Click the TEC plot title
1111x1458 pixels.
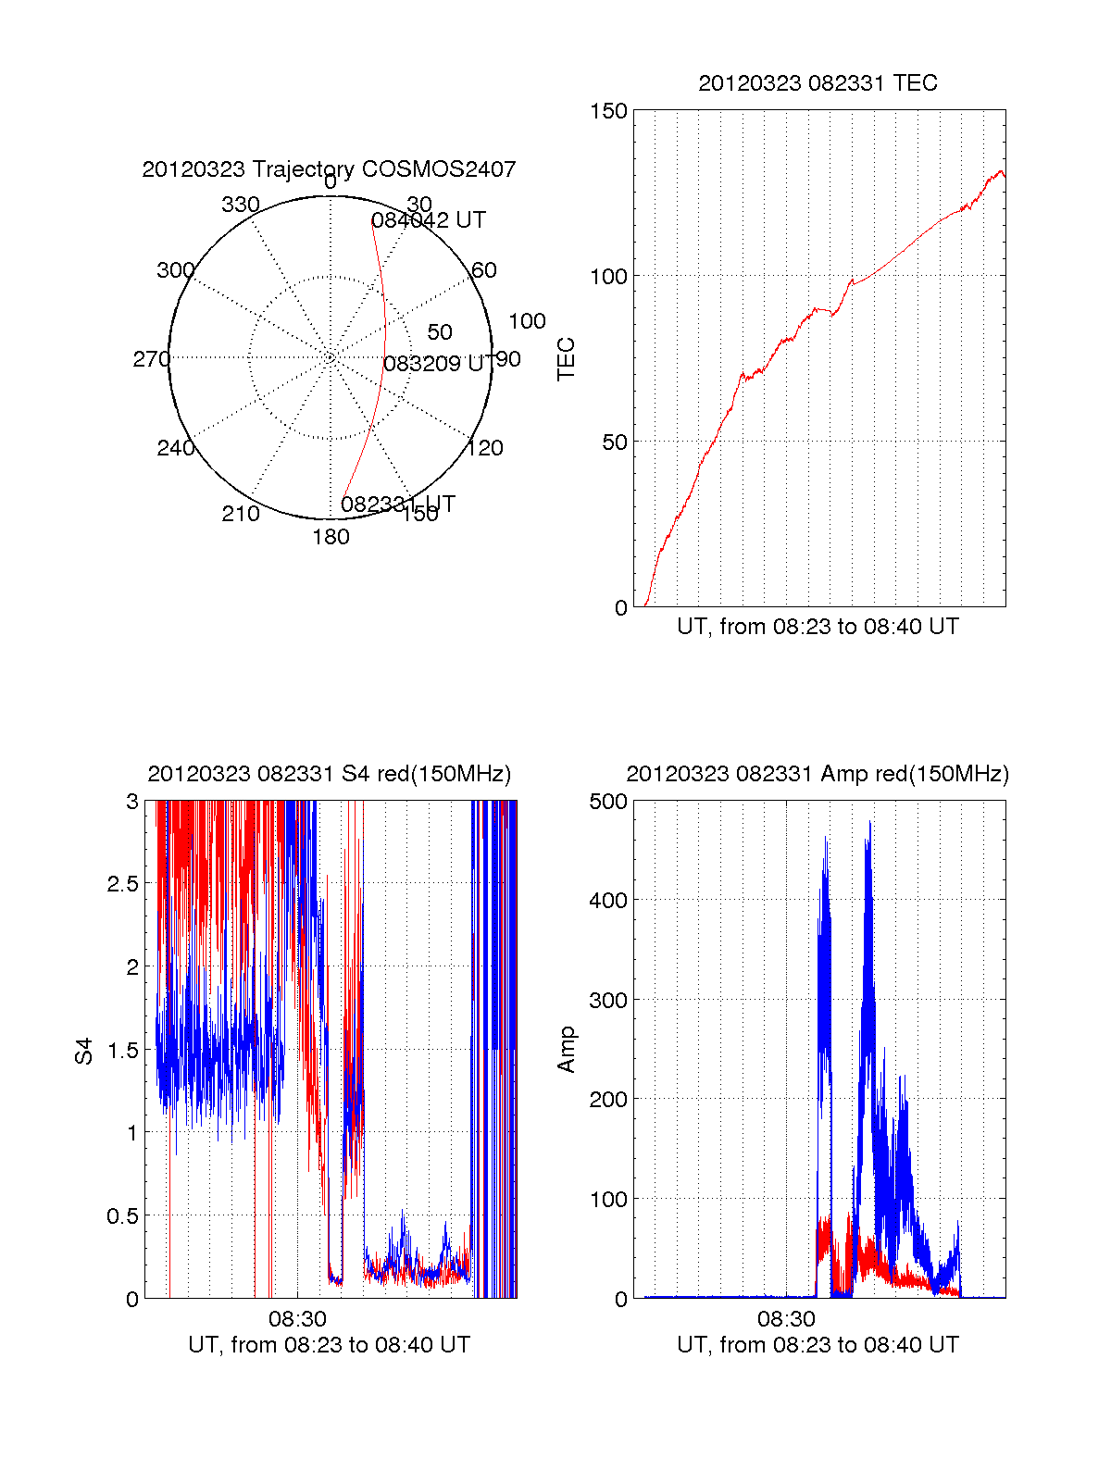point(818,83)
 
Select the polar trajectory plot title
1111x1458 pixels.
point(329,169)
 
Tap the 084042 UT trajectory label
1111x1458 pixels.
point(428,220)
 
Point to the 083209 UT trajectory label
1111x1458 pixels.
point(436,364)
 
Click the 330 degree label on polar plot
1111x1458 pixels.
point(241,205)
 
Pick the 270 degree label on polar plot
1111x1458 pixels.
point(151,359)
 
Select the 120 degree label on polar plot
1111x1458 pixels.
point(485,448)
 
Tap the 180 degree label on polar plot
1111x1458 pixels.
point(331,537)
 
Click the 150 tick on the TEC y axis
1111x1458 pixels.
point(608,111)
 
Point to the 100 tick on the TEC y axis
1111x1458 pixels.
point(608,277)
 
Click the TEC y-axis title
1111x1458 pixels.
point(567,359)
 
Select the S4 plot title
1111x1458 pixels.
point(329,774)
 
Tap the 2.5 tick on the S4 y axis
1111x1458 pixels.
point(122,884)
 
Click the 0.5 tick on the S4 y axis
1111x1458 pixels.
point(122,1216)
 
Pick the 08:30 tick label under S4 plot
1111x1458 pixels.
point(297,1318)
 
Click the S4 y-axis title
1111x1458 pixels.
point(84,1051)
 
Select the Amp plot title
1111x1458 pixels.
point(818,774)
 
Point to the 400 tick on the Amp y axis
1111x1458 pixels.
point(608,900)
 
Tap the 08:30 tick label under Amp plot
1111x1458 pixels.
point(786,1318)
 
